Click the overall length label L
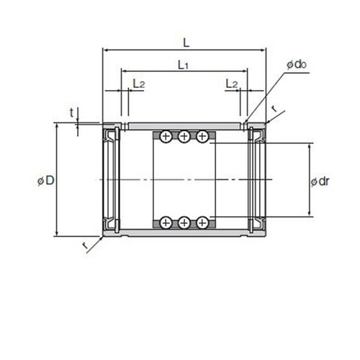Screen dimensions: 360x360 pos(186,43)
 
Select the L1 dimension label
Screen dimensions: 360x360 pos(183,65)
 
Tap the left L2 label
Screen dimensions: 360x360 pos(139,84)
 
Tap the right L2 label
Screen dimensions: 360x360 pos(232,84)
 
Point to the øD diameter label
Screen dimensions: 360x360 pos(46,181)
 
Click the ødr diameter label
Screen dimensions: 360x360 pos(320,181)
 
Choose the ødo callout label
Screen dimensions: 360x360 pos(297,64)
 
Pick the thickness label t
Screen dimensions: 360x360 pos(71,112)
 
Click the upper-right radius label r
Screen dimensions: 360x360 pos(274,109)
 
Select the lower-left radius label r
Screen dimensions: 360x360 pos(84,246)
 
